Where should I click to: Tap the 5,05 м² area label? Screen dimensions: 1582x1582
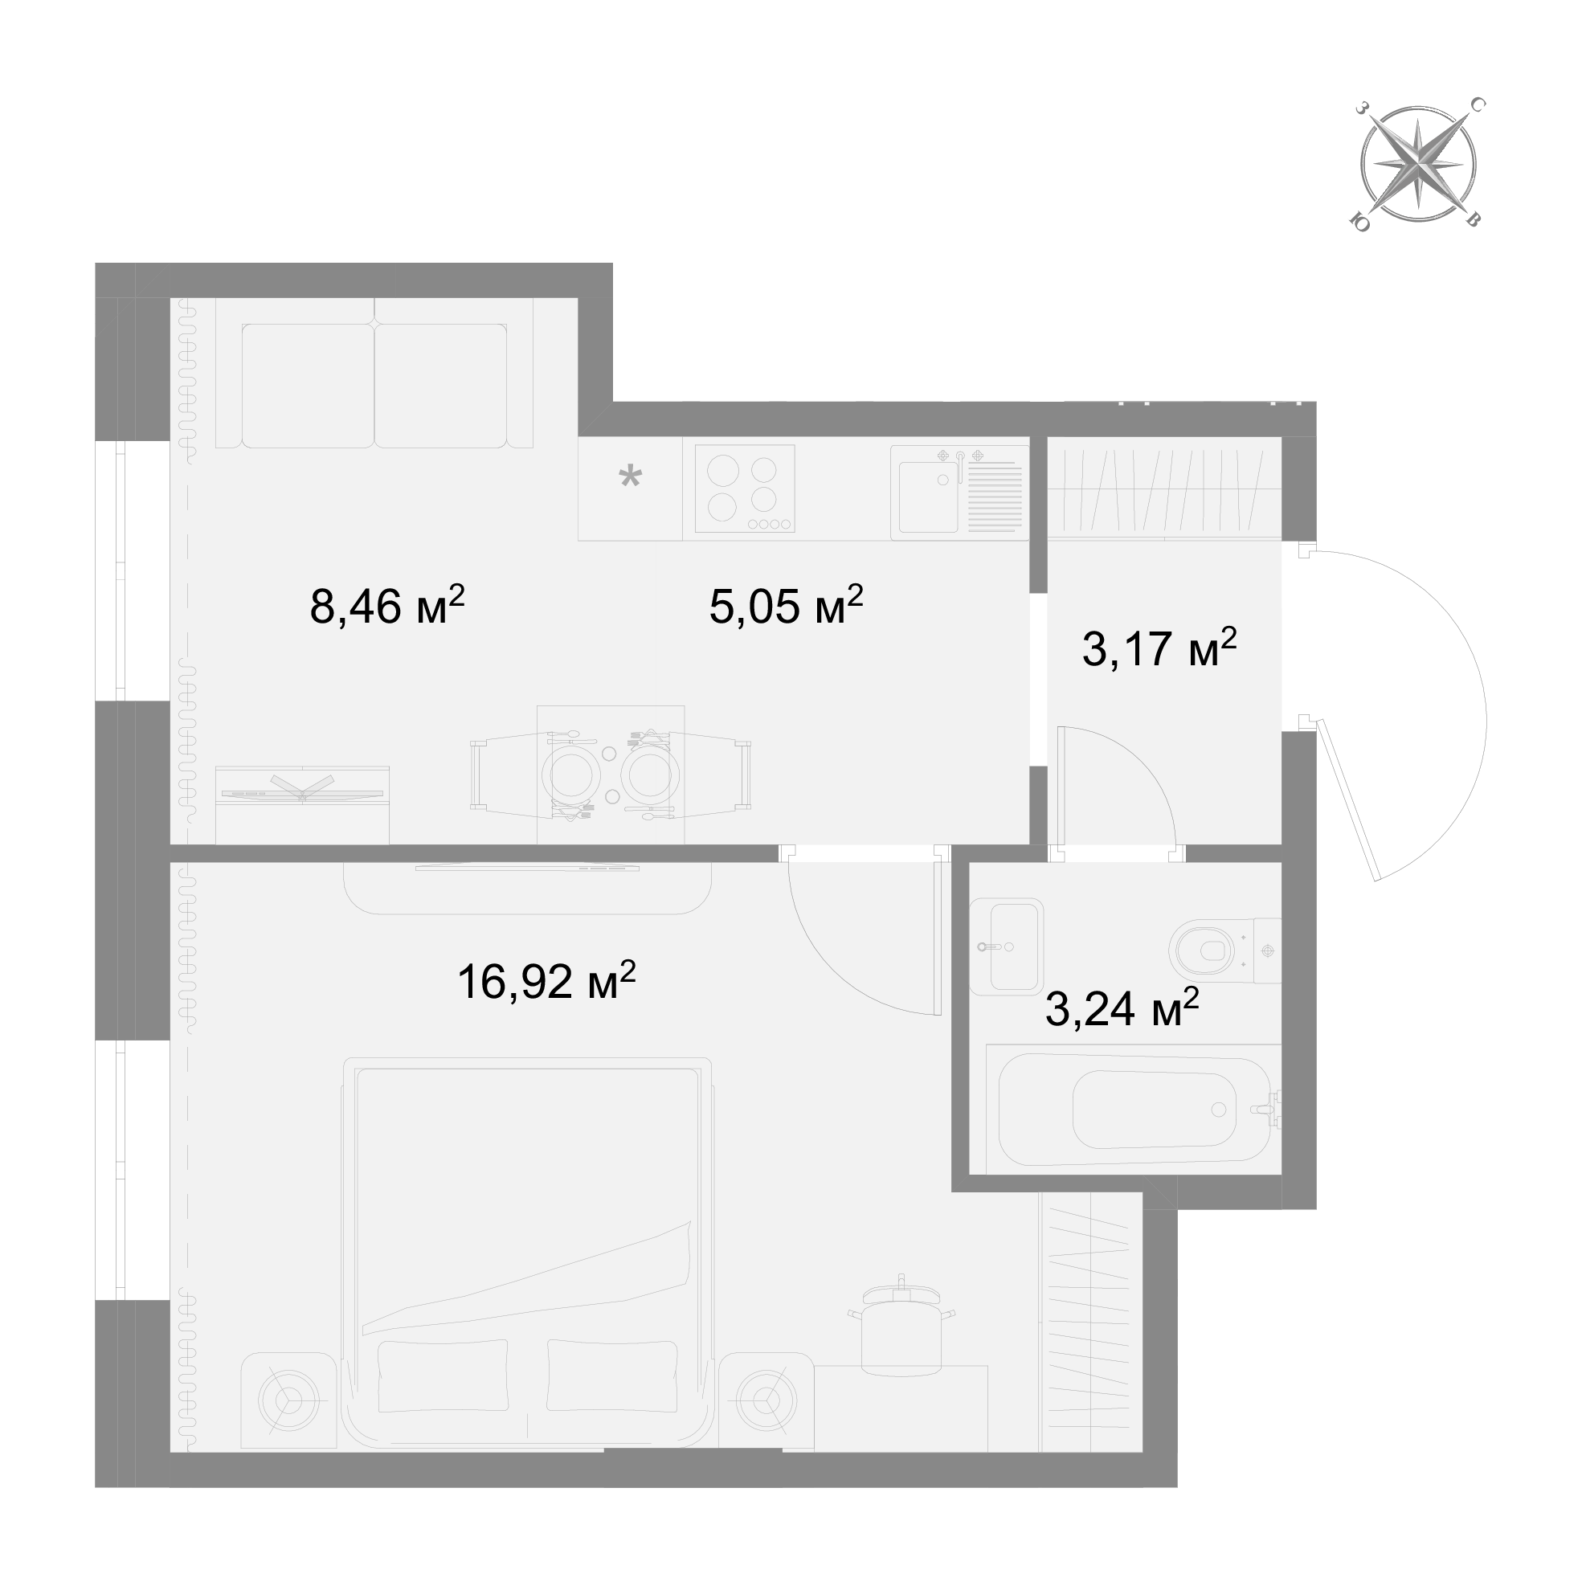pyautogui.click(x=786, y=605)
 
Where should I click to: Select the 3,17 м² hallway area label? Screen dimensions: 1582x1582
pyautogui.click(x=1159, y=648)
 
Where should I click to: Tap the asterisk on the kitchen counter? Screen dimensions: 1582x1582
pyautogui.click(x=630, y=476)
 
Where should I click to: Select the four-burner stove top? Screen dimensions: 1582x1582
pyautogui.click(x=744, y=488)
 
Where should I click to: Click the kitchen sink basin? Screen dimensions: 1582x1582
pyautogui.click(x=929, y=497)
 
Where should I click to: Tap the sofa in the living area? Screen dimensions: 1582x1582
pyautogui.click(x=374, y=373)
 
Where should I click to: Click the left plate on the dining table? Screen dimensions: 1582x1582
pyautogui.click(x=570, y=774)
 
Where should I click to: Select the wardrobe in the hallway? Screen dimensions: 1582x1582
pyautogui.click(x=1163, y=488)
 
